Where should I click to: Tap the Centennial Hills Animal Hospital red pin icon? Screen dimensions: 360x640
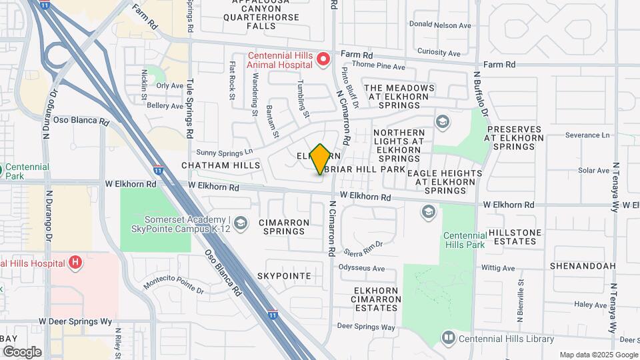point(323,60)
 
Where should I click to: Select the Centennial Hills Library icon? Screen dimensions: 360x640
point(448,338)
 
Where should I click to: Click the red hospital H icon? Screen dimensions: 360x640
point(75,263)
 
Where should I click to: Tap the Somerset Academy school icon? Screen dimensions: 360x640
point(240,222)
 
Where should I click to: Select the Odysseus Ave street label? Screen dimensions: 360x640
point(362,269)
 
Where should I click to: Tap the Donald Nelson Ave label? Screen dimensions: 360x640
point(440,25)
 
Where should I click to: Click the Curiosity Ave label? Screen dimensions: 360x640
point(439,53)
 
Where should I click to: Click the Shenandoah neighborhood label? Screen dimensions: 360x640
point(583,265)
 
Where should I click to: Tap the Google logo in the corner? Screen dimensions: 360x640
point(22,351)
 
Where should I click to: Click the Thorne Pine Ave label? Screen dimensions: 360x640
point(378,67)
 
